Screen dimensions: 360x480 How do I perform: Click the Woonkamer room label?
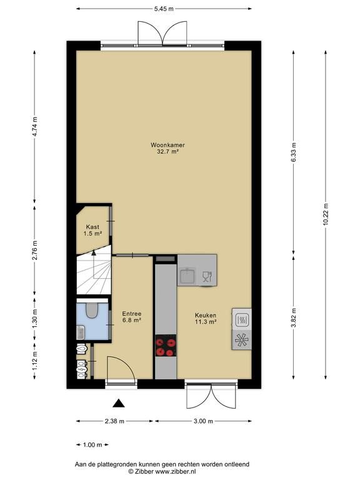(x=167, y=145)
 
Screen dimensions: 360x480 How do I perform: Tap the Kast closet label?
(x=92, y=227)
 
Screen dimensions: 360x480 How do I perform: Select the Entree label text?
(x=132, y=314)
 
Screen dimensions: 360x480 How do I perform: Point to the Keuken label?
(x=206, y=315)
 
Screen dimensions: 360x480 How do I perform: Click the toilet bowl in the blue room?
(x=91, y=311)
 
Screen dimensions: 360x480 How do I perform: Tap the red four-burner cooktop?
(x=166, y=345)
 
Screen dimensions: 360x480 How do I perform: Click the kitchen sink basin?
(x=187, y=275)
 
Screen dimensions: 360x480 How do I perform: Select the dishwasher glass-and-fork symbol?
(x=207, y=276)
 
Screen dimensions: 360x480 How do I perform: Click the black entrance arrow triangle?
(x=119, y=404)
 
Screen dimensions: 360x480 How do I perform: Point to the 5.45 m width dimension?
(x=164, y=9)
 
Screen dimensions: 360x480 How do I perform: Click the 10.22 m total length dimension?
(x=326, y=214)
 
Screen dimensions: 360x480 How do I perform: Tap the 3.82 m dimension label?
(x=294, y=317)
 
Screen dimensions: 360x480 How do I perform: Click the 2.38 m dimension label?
(x=114, y=421)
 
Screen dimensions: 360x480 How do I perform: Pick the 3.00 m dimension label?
(x=203, y=421)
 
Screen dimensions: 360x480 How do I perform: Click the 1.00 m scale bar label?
(x=92, y=445)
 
